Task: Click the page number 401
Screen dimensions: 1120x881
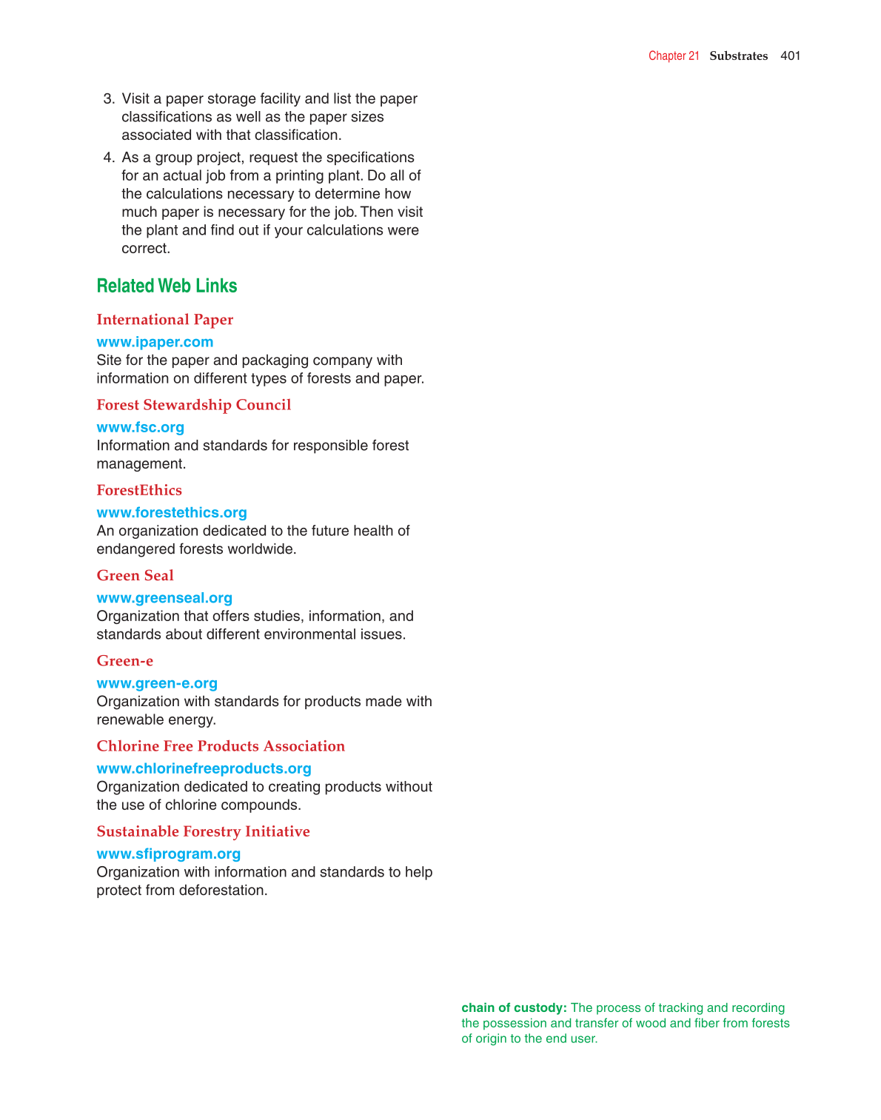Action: click(x=790, y=56)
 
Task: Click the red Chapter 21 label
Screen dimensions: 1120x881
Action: click(x=674, y=56)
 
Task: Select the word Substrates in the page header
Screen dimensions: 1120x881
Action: click(x=738, y=56)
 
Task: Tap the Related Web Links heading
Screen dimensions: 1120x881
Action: click(x=167, y=286)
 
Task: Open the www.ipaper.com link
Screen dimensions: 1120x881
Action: click(x=155, y=342)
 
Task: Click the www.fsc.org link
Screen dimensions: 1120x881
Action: click(x=140, y=427)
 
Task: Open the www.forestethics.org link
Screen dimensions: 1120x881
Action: click(x=172, y=512)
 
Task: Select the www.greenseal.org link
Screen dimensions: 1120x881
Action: click(x=164, y=597)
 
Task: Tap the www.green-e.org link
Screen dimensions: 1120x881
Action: click(x=157, y=683)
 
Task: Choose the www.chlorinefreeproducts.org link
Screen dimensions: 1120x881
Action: click(x=204, y=768)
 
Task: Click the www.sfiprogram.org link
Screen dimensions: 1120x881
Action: click(x=168, y=854)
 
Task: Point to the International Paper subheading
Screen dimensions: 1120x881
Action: click(x=164, y=320)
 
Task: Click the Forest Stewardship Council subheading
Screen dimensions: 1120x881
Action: click(x=193, y=405)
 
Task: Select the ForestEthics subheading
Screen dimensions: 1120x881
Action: click(x=139, y=490)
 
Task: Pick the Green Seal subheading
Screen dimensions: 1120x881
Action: click(x=135, y=575)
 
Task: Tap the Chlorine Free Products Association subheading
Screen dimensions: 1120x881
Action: click(x=221, y=746)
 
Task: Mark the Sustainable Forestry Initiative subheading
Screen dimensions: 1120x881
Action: click(x=203, y=831)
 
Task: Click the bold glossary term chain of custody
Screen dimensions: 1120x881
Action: click(x=514, y=1007)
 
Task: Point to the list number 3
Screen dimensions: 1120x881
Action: click(x=109, y=98)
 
